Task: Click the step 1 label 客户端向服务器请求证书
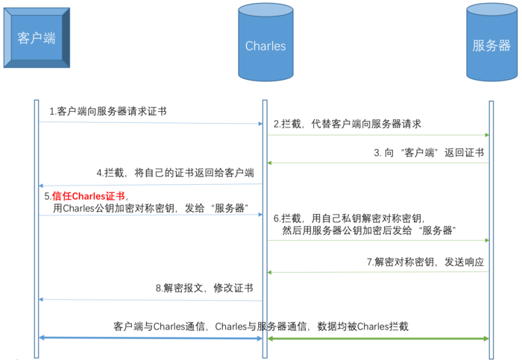107,111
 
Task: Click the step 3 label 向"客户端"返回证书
429,151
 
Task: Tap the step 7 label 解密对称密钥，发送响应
425,262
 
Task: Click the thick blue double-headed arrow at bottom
151,338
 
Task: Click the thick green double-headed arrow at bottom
378,338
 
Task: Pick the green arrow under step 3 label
378,162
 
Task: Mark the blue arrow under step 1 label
151,124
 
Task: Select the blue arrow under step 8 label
151,300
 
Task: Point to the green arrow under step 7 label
378,273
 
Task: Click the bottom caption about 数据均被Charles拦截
261,326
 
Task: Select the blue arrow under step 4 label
151,185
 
